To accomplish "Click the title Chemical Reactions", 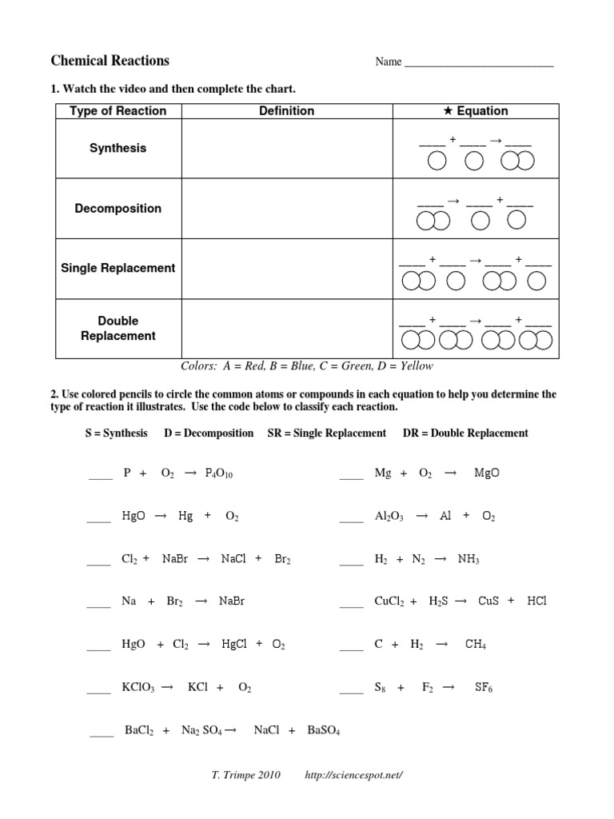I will [x=110, y=61].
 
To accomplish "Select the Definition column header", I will [x=286, y=111].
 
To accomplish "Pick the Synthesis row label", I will [x=118, y=148].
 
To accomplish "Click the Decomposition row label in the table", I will [x=118, y=208].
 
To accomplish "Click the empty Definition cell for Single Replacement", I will [x=287, y=268].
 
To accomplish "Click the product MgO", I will [x=486, y=473].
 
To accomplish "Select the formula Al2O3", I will [x=389, y=517].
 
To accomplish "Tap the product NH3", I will [x=468, y=560].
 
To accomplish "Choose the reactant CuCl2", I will [x=389, y=601].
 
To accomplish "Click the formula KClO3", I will [x=136, y=688].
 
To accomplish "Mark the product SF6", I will [x=483, y=688].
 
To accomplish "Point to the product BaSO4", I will [x=323, y=731].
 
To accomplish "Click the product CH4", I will [x=475, y=645].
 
